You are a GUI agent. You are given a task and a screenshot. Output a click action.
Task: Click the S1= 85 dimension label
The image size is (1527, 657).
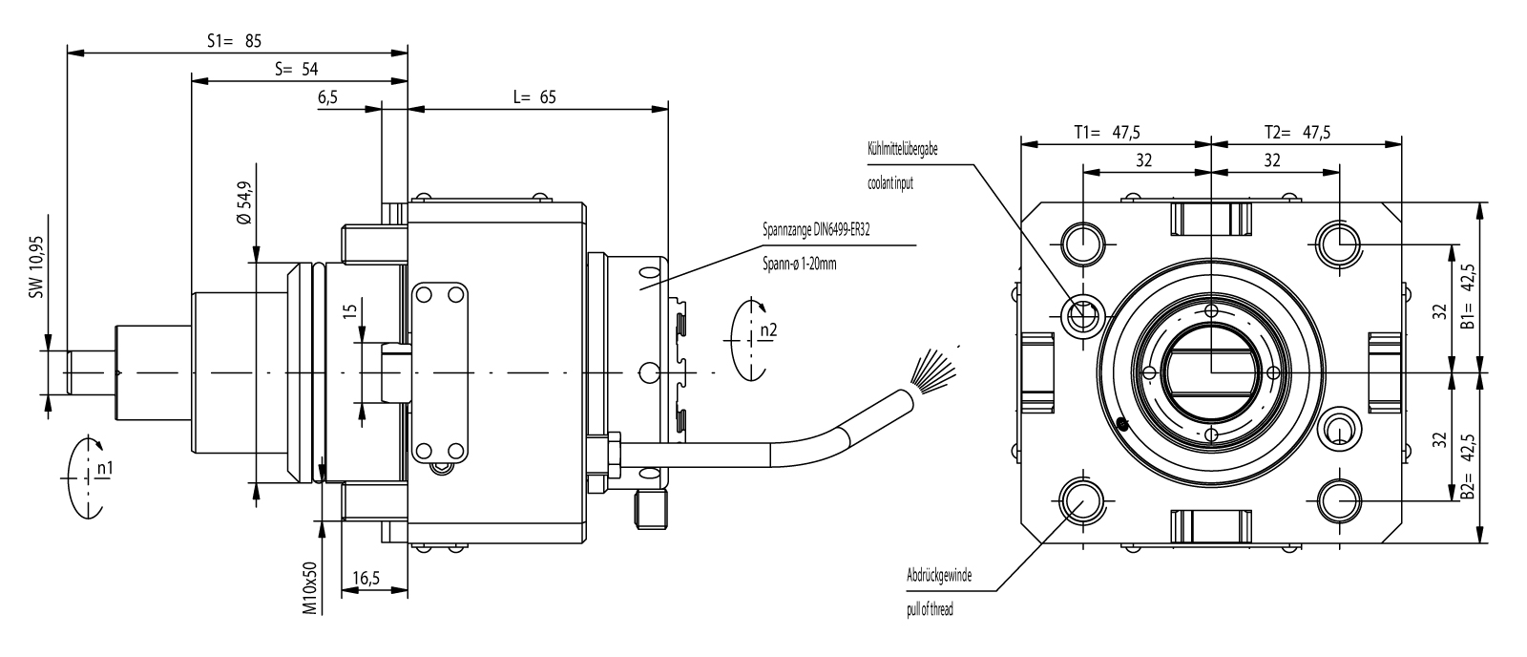point(234,41)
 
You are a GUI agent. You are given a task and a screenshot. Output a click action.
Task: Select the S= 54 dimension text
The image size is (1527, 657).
point(296,70)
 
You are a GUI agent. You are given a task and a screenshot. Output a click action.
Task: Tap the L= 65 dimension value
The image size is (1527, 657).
point(534,96)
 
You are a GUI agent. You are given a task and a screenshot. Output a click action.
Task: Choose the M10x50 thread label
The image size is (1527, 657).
point(309,585)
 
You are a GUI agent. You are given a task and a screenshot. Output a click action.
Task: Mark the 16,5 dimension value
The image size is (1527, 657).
point(366,578)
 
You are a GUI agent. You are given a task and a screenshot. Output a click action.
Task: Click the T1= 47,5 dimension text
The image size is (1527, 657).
point(1106,133)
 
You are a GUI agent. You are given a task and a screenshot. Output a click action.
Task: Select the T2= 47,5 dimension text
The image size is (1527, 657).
point(1297,133)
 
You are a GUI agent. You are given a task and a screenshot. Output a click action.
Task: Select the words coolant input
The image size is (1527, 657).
point(890,182)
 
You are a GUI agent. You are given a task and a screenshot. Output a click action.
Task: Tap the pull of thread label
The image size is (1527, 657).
point(930,609)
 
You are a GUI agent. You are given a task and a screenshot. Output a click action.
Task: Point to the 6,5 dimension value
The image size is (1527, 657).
point(327,98)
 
